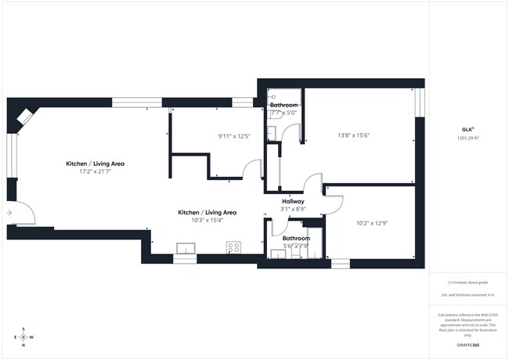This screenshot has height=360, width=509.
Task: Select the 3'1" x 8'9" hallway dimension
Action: (293, 209)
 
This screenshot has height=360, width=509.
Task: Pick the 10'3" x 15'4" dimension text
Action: (207, 220)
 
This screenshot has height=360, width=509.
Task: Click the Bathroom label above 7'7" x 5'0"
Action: (283, 105)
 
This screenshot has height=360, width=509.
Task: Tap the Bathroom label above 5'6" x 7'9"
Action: (296, 238)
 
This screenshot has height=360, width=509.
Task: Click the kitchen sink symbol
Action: (186, 249)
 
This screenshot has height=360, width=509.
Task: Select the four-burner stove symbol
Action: (233, 247)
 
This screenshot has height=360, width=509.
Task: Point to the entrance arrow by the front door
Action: (9, 212)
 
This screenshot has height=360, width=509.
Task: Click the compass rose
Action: (23, 337)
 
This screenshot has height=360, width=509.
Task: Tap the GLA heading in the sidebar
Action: (467, 130)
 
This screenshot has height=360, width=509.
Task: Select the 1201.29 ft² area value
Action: (467, 137)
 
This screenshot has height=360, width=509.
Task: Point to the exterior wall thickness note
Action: (467, 294)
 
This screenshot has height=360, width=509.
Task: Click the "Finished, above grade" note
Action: (467, 282)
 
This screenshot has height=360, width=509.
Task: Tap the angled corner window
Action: (25, 117)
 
